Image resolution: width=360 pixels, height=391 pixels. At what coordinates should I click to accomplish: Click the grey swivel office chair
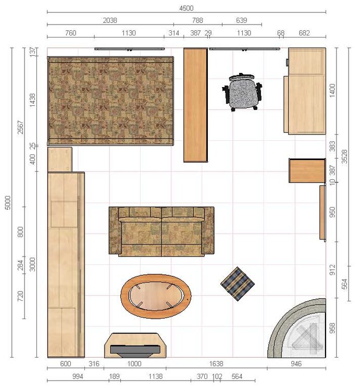tap(242, 92)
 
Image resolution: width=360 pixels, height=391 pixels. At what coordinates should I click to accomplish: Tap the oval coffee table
tap(156, 296)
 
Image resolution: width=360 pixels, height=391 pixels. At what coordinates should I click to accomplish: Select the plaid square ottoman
tap(238, 284)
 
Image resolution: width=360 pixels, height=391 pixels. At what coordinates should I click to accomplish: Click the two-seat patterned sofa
tap(162, 231)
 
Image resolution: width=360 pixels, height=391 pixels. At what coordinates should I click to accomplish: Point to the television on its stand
tap(135, 345)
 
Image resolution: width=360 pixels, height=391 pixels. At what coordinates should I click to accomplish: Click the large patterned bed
tap(110, 101)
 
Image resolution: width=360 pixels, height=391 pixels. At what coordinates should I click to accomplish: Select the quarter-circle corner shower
tap(297, 328)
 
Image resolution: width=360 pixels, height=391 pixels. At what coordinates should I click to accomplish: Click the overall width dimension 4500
tap(187, 8)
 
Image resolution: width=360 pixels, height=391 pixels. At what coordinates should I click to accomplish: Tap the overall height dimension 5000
tap(8, 202)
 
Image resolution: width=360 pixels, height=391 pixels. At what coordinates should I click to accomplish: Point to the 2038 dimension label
tap(110, 20)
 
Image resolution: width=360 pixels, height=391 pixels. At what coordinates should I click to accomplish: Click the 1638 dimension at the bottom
tap(216, 363)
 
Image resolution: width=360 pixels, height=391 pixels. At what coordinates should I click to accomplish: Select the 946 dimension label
tap(296, 363)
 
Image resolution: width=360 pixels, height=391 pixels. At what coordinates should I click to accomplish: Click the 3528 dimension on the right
tap(344, 156)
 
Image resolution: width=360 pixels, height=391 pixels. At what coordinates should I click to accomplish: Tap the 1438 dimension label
tap(32, 100)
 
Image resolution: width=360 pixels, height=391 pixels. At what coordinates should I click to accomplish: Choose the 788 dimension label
tap(197, 20)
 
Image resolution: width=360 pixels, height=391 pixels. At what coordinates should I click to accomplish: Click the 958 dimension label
tap(332, 328)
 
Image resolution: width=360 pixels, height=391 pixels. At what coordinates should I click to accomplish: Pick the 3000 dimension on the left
tap(32, 264)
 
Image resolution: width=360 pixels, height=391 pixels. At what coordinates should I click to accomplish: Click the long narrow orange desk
tap(195, 105)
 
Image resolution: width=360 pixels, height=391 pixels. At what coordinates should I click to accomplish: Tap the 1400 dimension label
tap(332, 91)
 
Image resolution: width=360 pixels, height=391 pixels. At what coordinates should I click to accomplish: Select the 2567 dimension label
tap(20, 127)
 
